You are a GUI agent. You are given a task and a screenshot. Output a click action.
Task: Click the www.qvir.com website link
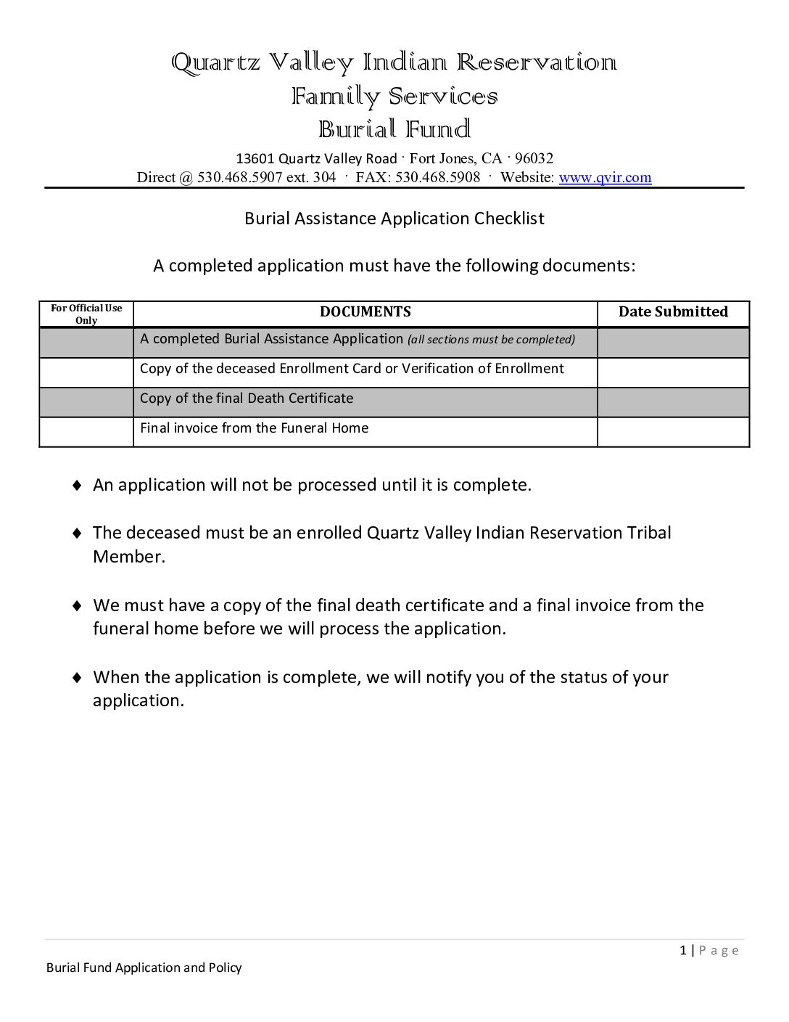605,178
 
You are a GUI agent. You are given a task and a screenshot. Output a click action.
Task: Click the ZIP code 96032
534,159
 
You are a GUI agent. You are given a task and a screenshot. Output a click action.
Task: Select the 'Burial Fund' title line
394,130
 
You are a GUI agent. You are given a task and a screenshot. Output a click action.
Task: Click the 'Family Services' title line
394,97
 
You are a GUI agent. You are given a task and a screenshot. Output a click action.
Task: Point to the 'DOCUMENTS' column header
365,312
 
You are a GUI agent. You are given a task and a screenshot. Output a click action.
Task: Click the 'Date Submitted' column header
673,312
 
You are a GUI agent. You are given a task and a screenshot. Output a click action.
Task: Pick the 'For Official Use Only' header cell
86,314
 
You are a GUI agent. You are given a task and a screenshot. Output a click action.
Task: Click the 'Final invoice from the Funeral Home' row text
254,428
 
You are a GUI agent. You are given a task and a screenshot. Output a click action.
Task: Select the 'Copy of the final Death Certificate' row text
247,398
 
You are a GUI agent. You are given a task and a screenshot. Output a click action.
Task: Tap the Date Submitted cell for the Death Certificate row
673,402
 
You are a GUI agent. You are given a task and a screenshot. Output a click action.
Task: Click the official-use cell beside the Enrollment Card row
86,372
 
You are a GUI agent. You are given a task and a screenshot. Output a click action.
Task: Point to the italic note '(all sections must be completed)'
491,340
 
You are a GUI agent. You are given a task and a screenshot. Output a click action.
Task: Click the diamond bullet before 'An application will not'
77,486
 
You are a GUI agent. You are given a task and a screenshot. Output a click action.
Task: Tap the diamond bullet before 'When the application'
77,678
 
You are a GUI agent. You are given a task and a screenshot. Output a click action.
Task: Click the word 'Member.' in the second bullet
129,557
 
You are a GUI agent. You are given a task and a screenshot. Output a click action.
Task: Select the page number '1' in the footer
683,951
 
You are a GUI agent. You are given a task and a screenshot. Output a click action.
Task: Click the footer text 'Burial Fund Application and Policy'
144,968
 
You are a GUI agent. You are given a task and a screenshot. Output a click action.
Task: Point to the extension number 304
324,178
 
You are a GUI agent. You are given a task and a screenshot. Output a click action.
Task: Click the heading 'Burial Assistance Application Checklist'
394,218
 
